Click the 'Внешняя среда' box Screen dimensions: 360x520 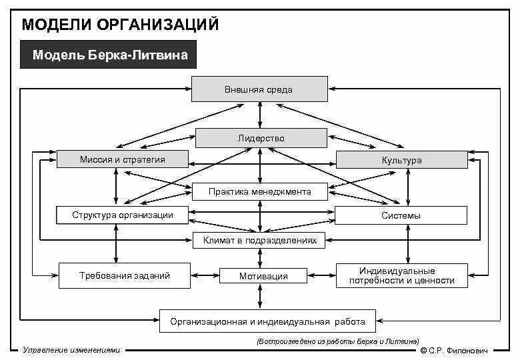[x=259, y=89]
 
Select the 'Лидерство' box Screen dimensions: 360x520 [x=261, y=138]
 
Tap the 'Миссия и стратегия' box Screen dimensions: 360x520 [x=122, y=159]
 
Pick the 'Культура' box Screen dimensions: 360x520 [x=401, y=160]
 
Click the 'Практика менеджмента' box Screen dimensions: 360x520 [x=260, y=191]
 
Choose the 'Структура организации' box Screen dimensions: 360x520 [x=122, y=215]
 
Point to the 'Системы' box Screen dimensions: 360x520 [x=401, y=215]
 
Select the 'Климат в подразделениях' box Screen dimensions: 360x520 [x=259, y=240]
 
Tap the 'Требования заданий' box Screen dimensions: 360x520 [x=125, y=275]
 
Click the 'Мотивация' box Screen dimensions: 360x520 [x=263, y=275]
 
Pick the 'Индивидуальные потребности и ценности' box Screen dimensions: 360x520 [x=401, y=275]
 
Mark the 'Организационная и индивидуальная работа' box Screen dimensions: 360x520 [x=267, y=321]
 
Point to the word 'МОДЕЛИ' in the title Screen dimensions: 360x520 [x=57, y=25]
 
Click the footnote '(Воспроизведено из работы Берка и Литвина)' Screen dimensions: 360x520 [x=337, y=341]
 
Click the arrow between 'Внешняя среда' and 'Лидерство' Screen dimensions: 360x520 [x=261, y=115]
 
